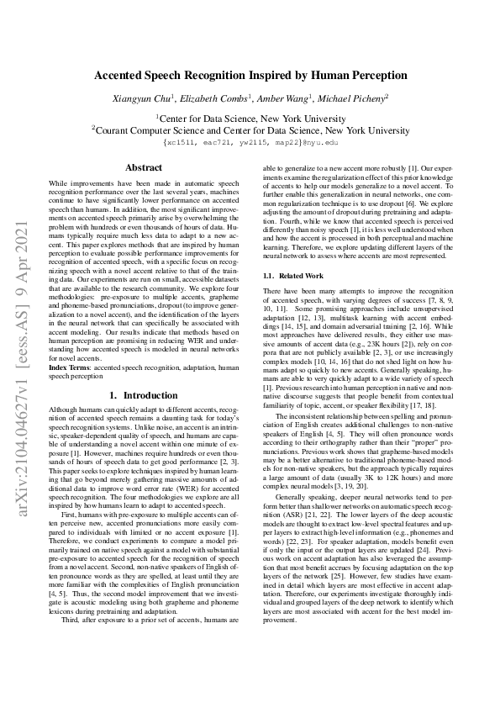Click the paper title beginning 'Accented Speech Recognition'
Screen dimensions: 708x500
[x=250, y=75]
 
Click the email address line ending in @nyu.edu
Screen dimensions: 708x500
[x=250, y=142]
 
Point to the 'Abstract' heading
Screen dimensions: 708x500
[x=143, y=168]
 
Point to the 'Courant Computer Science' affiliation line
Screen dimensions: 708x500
[x=250, y=130]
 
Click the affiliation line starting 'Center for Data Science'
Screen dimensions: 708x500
[x=250, y=119]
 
